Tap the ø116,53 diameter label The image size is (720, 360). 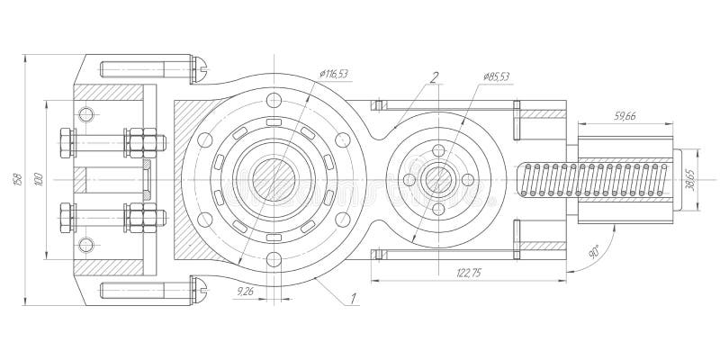pos(334,73)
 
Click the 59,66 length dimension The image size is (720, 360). pos(625,116)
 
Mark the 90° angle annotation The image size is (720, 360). pos(595,253)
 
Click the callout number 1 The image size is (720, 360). pos(355,297)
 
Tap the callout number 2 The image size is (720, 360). pos(433,77)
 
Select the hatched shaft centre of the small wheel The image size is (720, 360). pos(439,178)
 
